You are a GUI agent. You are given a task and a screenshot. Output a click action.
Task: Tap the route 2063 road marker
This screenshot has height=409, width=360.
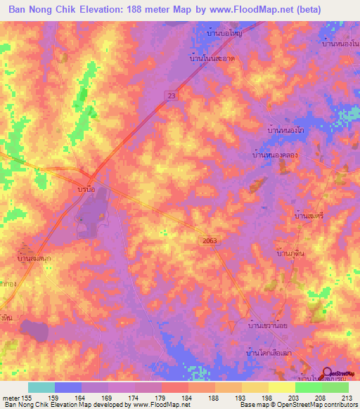pyautogui.click(x=204, y=241)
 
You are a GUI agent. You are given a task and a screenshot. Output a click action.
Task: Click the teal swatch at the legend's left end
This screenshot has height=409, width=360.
pyautogui.click(x=41, y=387)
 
